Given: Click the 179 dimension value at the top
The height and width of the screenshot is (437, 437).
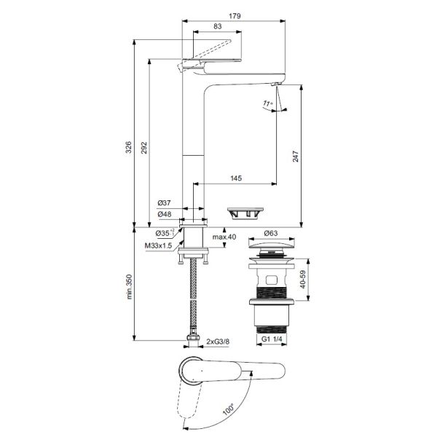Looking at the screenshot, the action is tap(235, 16).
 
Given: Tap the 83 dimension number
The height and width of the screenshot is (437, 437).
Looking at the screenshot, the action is tap(217, 26).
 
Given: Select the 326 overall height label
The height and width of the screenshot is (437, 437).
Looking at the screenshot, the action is tap(128, 147).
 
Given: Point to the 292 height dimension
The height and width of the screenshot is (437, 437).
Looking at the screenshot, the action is tap(143, 148).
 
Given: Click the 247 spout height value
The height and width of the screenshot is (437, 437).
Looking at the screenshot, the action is tap(296, 157).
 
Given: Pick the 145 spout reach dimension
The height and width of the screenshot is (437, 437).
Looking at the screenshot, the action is tap(236, 178).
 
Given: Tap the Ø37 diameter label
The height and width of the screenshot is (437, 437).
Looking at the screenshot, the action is tap(164, 203).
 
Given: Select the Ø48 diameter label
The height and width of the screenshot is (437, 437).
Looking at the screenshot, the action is tap(164, 214).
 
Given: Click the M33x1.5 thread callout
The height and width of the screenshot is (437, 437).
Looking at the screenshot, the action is tap(158, 245).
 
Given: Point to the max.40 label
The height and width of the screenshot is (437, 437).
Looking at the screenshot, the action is tap(224, 237).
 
